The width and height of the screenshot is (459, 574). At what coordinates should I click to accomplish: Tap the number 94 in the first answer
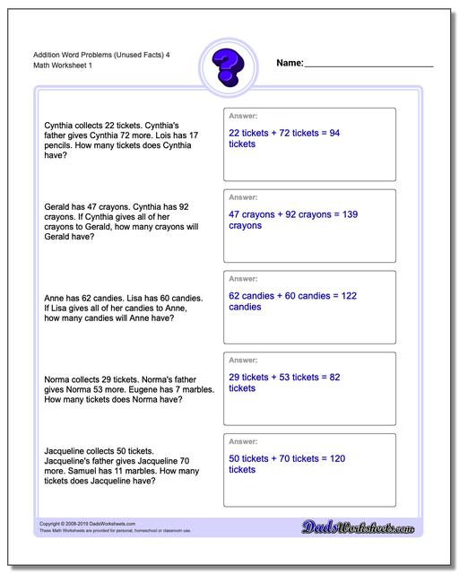click(333, 133)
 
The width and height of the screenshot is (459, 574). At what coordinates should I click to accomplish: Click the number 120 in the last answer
click(337, 458)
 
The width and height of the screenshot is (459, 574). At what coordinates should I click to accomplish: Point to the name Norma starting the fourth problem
click(57, 379)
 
